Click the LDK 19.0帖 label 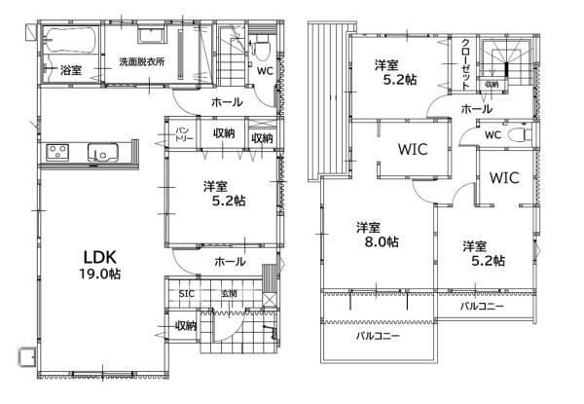(x=99, y=265)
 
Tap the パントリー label (x=183, y=134)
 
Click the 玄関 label (x=229, y=293)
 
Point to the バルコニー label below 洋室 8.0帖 (x=375, y=337)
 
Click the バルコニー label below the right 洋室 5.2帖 (x=482, y=306)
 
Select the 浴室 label (x=70, y=71)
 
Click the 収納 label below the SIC (x=185, y=326)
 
